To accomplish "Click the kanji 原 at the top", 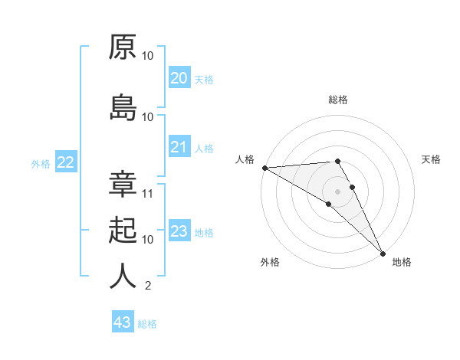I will coord(123,47).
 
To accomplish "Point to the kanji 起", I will coord(123,230).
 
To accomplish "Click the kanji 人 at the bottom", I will coord(123,276).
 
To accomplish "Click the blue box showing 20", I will coord(179,78).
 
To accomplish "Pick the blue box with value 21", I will coord(179,147).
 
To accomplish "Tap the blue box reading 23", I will coord(179,231).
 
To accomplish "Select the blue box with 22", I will coord(65,162).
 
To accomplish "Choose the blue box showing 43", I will coord(122,322).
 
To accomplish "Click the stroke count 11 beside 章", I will coord(148,194).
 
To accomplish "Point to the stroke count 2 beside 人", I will coord(148,286).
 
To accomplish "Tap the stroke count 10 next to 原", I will coord(148,56).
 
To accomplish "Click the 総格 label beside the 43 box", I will coord(148,324).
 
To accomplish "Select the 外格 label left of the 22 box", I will coord(41,163).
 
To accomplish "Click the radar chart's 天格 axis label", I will coord(431,159).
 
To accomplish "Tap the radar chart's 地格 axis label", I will coord(402,262).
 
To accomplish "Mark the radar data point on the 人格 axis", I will coord(264,168).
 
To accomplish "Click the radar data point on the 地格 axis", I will coord(383,252).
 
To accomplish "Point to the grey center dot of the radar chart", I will coord(337,191).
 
